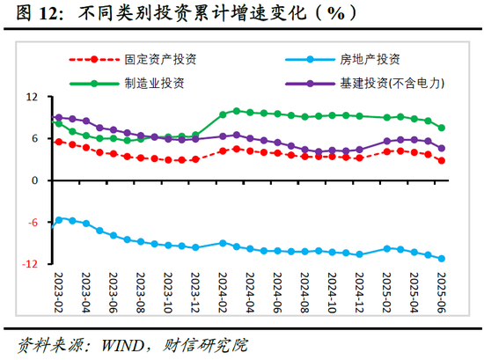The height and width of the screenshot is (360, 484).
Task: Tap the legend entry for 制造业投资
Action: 155,83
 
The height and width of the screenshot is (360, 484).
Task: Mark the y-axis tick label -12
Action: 33,264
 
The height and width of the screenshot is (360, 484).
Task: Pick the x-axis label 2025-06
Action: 442,295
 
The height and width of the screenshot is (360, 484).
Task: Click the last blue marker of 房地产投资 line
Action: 441,259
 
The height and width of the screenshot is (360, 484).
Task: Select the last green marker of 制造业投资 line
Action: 441,128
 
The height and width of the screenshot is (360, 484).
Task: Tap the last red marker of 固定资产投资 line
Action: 441,160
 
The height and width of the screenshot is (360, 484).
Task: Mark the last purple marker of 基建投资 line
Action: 441,149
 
